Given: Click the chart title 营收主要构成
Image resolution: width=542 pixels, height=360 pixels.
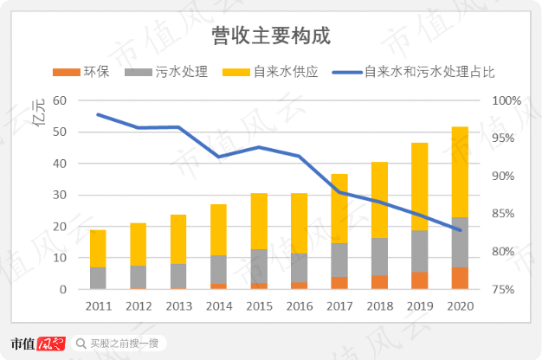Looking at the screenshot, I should pos(271,36).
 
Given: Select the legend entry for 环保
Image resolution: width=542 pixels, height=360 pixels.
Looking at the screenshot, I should pos(87,72).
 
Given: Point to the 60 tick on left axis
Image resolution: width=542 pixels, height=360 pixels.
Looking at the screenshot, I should pos(60,100).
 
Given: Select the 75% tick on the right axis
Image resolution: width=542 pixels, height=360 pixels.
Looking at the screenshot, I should pos(506,290).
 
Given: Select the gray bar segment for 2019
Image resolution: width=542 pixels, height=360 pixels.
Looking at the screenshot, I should pos(419,251).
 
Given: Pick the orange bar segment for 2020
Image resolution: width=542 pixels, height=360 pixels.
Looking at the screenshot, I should pos(460,279).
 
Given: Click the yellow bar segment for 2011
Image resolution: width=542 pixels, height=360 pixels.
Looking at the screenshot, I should pos(98,248).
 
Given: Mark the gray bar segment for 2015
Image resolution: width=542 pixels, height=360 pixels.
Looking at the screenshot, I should pos(259,266).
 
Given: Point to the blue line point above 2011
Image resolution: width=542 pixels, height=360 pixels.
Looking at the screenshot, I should pos(98,114).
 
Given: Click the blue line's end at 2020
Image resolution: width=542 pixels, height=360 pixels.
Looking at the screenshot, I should pos(460,230).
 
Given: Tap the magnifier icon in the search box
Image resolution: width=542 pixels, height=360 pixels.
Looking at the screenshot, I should pos(81,344).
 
